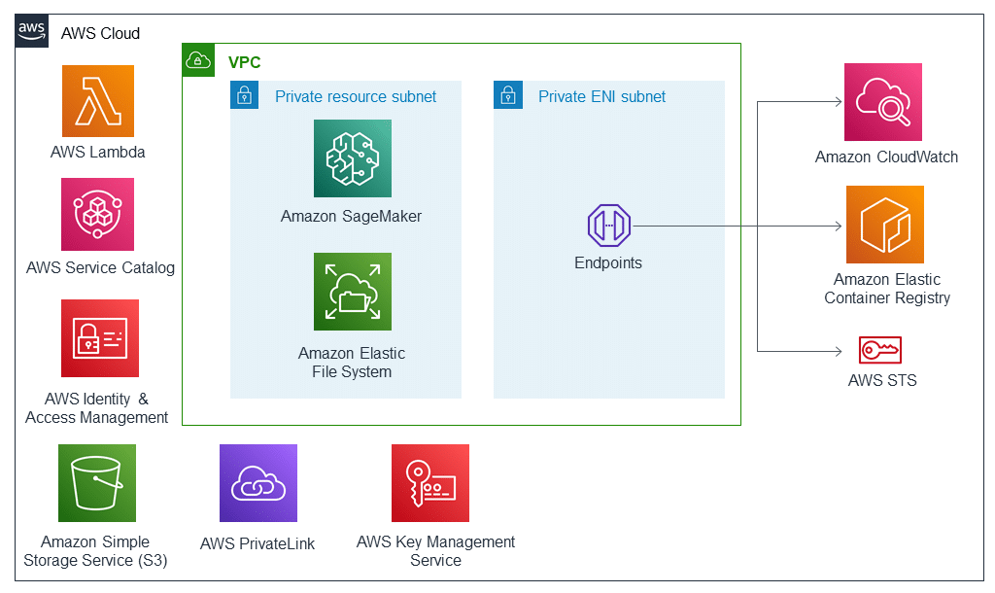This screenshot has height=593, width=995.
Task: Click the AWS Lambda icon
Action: click(98, 101)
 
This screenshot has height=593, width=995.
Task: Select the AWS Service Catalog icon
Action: click(98, 214)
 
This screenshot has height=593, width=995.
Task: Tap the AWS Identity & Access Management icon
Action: click(99, 337)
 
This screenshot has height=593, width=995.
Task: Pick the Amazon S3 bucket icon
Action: click(97, 483)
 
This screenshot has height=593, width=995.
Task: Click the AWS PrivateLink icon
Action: click(257, 483)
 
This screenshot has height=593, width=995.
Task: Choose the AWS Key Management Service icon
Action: click(430, 483)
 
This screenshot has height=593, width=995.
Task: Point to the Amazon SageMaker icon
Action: click(353, 158)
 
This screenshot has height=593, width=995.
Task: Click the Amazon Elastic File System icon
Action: click(353, 292)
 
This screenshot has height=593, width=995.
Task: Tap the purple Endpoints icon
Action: click(609, 226)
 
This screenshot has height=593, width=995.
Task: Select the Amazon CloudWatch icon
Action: click(883, 102)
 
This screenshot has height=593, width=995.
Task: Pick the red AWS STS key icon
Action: click(880, 350)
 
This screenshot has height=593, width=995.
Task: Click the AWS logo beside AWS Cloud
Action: click(32, 32)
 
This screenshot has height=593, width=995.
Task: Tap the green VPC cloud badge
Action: click(198, 59)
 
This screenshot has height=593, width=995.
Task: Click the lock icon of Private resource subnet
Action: click(245, 95)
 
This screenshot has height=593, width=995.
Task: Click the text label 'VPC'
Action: click(244, 62)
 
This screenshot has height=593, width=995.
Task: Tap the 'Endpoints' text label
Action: click(608, 262)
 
